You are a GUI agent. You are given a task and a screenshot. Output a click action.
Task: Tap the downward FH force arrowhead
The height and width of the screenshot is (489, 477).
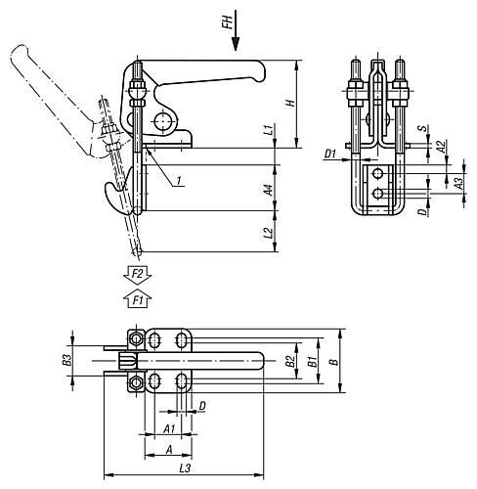(x=236, y=44)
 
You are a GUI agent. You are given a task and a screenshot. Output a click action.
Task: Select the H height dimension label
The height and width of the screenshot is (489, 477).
(x=290, y=103)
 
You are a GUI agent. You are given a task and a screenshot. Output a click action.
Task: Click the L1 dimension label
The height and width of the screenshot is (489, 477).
(x=268, y=130)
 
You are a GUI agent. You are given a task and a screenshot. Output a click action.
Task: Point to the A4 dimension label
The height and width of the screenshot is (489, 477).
(x=269, y=190)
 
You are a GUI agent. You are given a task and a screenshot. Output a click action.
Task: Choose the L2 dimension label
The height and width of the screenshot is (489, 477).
(x=268, y=233)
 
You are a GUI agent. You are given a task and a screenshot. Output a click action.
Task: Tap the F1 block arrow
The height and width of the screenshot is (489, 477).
(x=138, y=297)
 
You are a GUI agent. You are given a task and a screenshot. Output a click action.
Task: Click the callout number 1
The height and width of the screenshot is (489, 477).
(x=179, y=180)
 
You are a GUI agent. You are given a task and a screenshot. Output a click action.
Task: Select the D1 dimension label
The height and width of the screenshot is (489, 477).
(x=330, y=154)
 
